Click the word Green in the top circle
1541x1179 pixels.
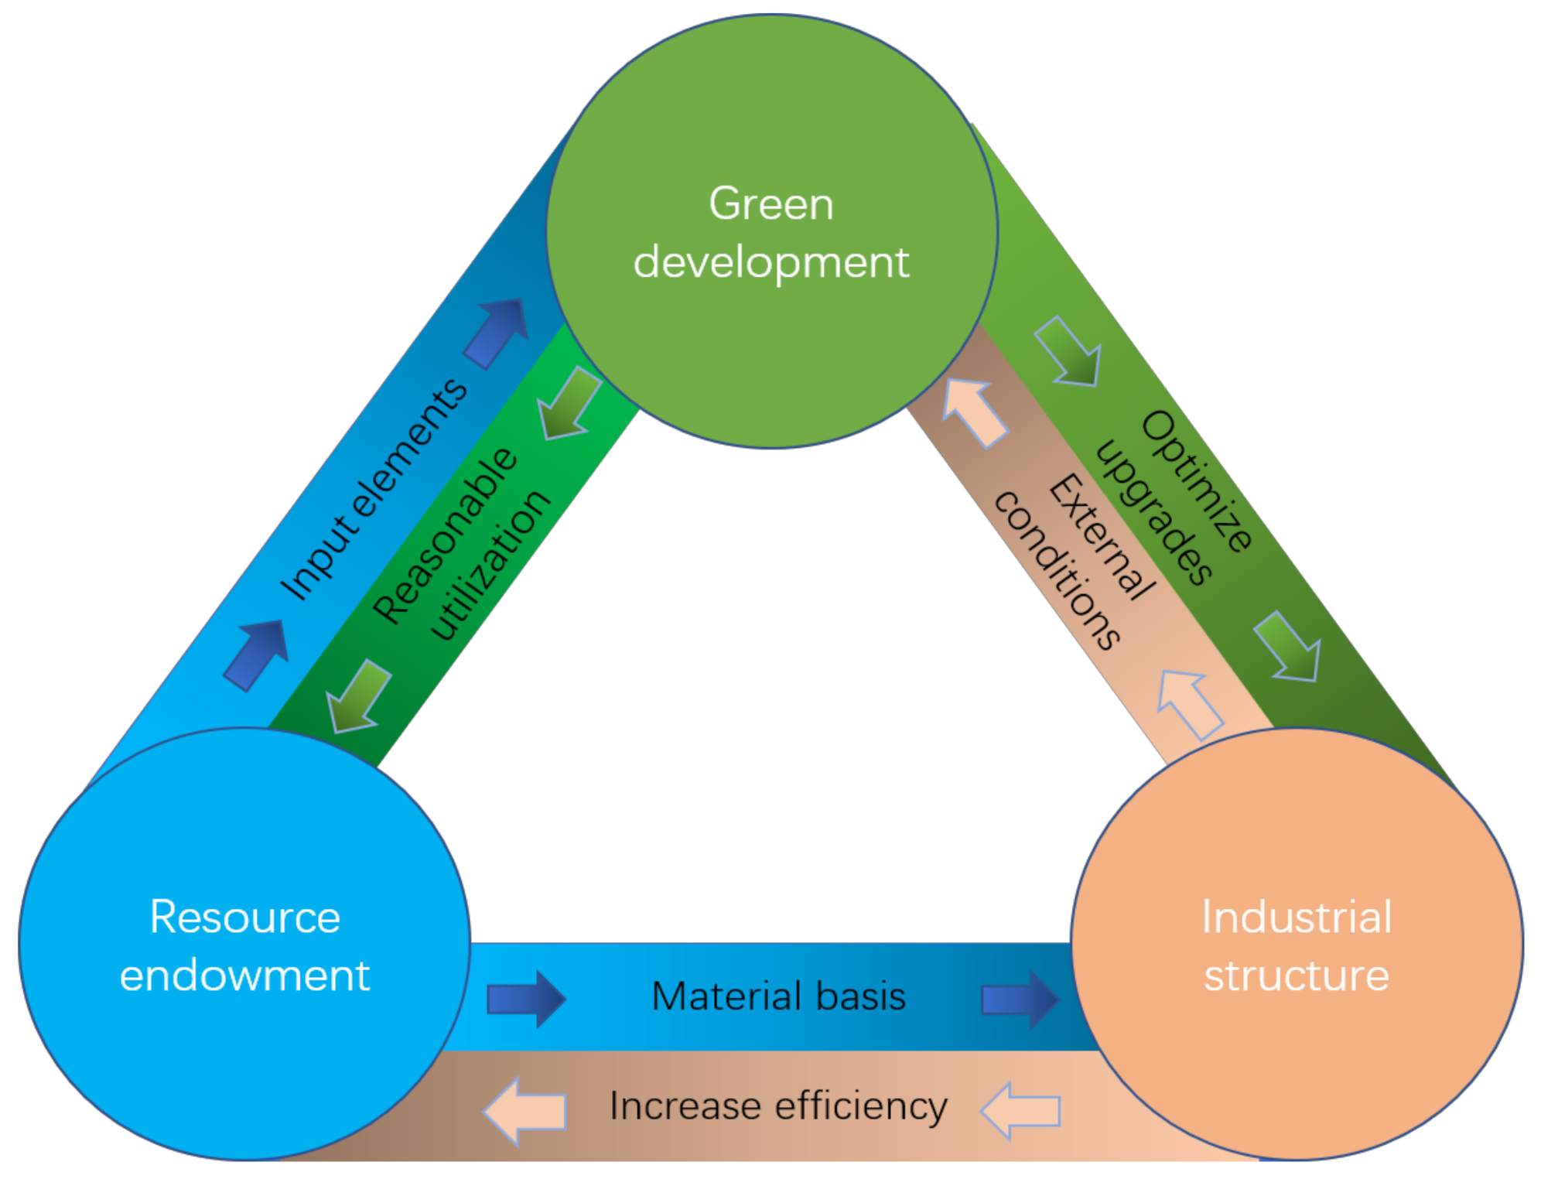click(x=770, y=204)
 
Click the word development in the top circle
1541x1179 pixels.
click(x=770, y=263)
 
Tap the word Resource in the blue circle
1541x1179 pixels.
click(x=244, y=918)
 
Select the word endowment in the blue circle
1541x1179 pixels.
click(x=244, y=975)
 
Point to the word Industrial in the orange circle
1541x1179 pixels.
click(x=1296, y=918)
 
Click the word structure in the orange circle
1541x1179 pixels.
click(x=1296, y=975)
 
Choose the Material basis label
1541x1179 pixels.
click(x=777, y=996)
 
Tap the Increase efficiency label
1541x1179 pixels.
click(x=777, y=1106)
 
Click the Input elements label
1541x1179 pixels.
click(x=374, y=490)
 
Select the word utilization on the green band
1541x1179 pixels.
click(x=490, y=565)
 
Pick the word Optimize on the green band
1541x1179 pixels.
click(x=1196, y=481)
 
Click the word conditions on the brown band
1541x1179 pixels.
click(x=1057, y=569)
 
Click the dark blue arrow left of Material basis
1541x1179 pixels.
click(x=526, y=999)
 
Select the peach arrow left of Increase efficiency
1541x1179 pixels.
click(x=524, y=1112)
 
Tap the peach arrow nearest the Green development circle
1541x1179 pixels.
click(x=973, y=412)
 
